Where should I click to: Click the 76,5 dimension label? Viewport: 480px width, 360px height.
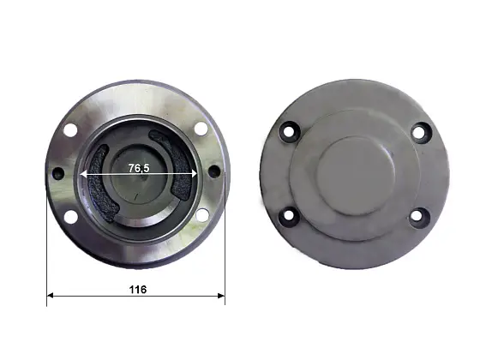point(139,168)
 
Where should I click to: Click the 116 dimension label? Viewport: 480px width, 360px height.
point(138,290)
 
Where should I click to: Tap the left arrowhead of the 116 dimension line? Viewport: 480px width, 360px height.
point(51,296)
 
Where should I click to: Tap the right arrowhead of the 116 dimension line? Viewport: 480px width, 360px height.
point(221,296)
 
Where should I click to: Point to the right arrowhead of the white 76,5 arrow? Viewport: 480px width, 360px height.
point(193,174)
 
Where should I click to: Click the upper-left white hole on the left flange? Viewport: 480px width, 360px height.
point(70,129)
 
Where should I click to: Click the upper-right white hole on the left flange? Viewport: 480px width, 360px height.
point(201,129)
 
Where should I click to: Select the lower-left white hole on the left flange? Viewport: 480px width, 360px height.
point(70,216)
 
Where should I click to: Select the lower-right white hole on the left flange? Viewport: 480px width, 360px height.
point(202,214)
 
